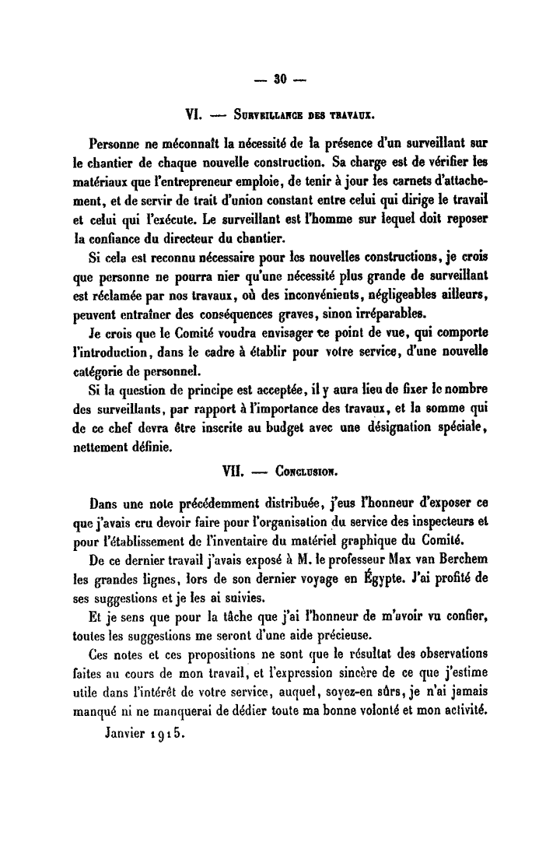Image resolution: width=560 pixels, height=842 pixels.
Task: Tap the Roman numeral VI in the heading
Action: [192, 115]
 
